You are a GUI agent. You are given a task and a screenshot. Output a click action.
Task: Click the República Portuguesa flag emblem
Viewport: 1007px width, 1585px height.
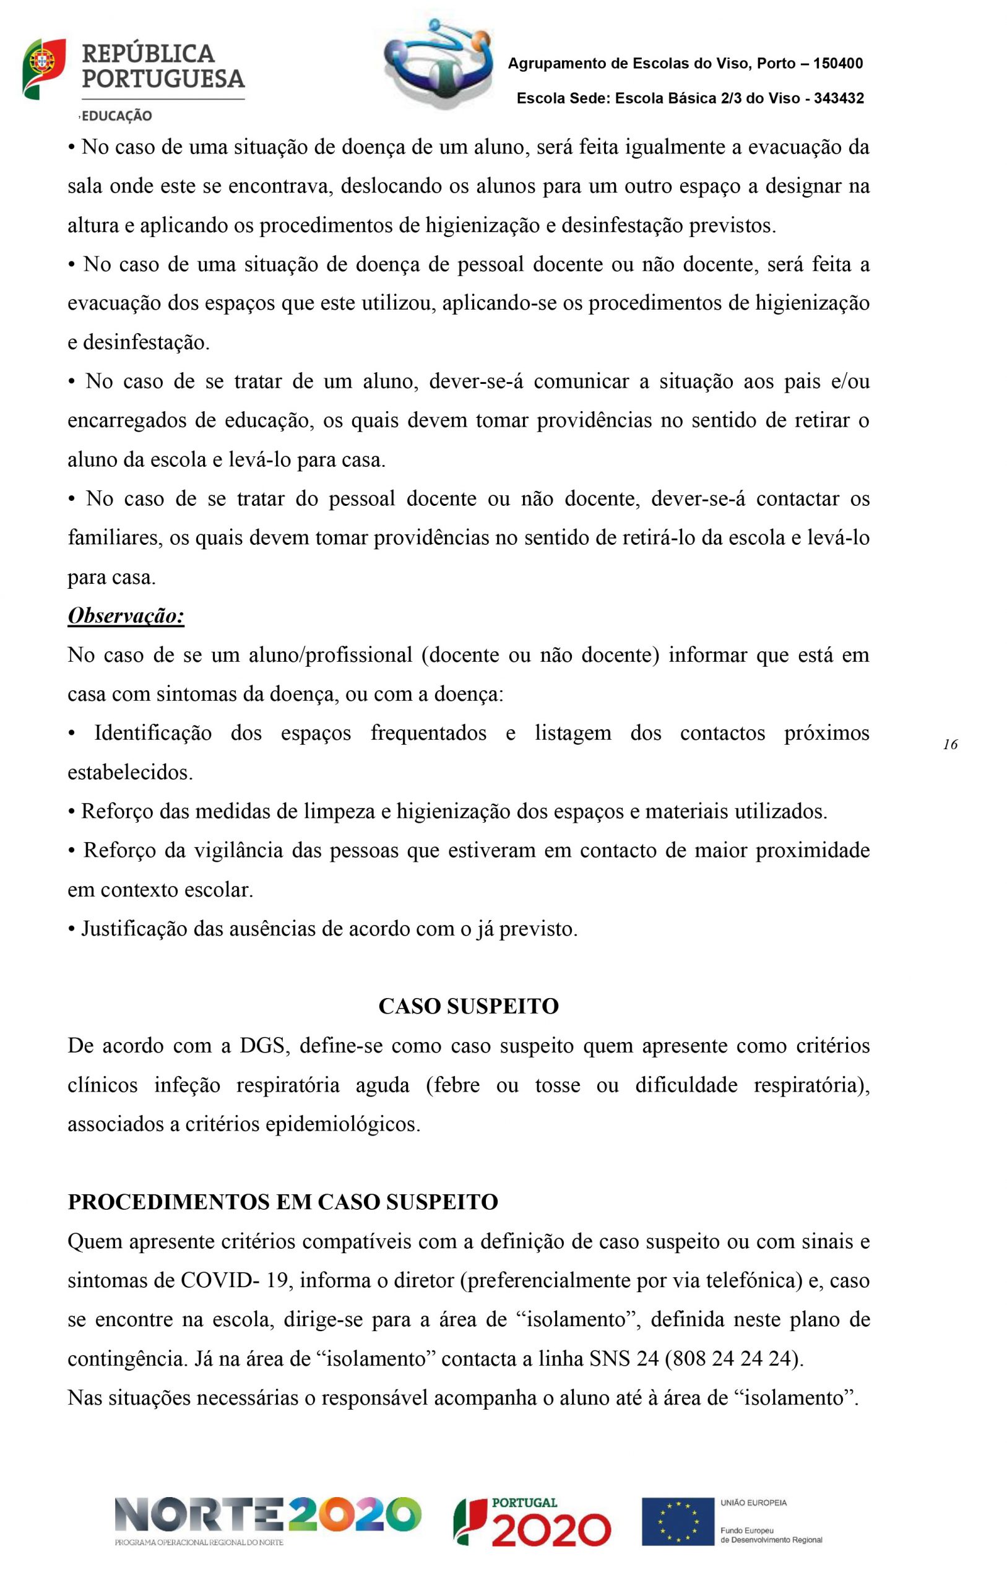pos(43,69)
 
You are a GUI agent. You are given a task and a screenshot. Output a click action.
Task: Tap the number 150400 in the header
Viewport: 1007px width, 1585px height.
pos(838,64)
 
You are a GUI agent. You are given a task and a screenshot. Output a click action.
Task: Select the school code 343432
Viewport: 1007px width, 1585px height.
pos(839,98)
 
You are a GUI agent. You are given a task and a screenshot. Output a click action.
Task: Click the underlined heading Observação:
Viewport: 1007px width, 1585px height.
pos(126,616)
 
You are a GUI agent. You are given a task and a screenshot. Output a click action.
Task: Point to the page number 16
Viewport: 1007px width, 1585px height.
pos(949,744)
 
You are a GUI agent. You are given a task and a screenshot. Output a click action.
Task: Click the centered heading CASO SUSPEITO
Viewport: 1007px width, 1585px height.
pos(469,1007)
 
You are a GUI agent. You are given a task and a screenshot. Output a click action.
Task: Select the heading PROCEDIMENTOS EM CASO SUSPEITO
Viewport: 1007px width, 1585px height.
pos(283,1202)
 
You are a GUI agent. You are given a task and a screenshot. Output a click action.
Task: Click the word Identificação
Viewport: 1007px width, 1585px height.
pos(153,732)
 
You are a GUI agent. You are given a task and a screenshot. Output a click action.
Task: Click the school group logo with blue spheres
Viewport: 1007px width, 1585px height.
pos(439,63)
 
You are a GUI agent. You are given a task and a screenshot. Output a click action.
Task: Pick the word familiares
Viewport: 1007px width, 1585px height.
pos(113,538)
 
